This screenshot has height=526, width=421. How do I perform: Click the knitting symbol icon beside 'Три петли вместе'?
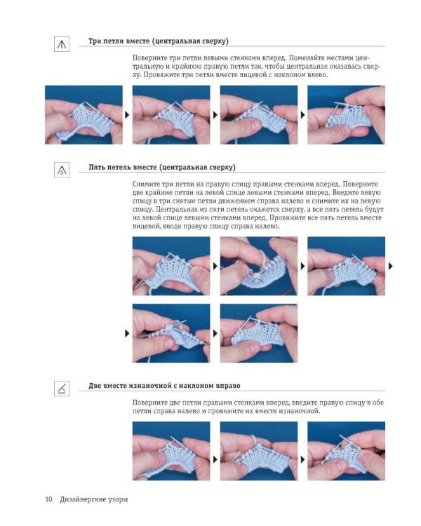(x=62, y=44)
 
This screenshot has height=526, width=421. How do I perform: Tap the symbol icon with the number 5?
(x=62, y=170)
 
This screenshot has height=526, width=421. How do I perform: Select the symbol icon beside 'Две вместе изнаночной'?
(x=62, y=389)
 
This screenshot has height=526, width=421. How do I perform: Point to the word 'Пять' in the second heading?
(x=96, y=167)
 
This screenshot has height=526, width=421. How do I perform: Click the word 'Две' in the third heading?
(x=95, y=386)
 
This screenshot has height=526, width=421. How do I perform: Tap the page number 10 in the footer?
(x=48, y=499)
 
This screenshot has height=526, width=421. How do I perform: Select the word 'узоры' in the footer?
(x=118, y=499)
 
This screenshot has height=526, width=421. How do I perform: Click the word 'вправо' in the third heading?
(x=228, y=386)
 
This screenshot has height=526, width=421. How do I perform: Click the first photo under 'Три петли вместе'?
(x=84, y=115)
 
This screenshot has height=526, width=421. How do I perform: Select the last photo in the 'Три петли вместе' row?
(x=346, y=115)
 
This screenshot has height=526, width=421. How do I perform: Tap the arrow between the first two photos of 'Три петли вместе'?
(x=127, y=115)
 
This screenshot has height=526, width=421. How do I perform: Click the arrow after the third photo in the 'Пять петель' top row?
(x=391, y=266)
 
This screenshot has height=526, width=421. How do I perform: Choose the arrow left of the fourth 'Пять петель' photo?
(x=127, y=333)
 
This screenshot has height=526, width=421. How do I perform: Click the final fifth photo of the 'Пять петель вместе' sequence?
(x=259, y=333)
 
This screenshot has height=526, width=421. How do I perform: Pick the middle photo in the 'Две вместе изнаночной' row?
(x=259, y=451)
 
